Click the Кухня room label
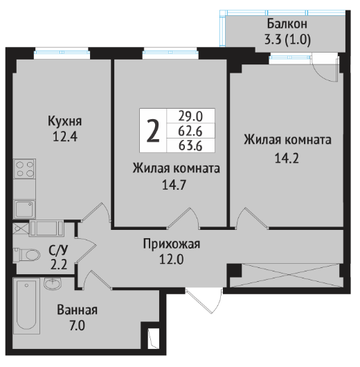coord(65,121)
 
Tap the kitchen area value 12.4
coord(65,136)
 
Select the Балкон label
coord(287,24)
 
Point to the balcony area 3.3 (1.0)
coord(287,39)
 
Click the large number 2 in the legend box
coord(153,131)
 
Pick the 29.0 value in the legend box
coord(190,116)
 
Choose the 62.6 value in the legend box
coord(190,131)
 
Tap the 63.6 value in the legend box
coord(190,146)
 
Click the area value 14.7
coord(174,185)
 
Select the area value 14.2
coord(287,159)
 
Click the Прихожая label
coord(172,244)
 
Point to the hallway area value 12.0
coord(171,260)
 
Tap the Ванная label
coord(78,310)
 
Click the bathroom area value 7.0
coord(78,325)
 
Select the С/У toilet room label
coord(58,250)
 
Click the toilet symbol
coord(26,255)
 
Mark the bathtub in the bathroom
coord(26,305)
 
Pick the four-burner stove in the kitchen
coord(25,169)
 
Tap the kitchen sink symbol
coord(24,209)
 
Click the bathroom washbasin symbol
coord(53,284)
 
